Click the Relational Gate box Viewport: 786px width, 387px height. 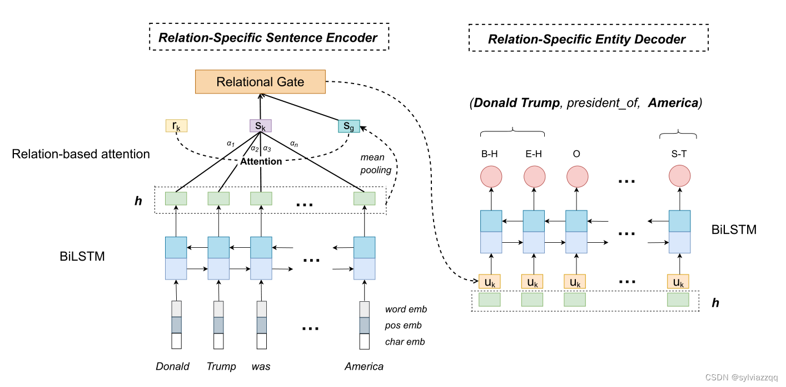tap(260, 82)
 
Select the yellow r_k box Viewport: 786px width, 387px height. tap(177, 125)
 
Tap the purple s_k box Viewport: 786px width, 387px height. tap(260, 126)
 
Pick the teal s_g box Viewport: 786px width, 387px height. tap(349, 126)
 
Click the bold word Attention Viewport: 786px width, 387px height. tap(261, 161)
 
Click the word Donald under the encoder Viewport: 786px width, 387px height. tap(172, 366)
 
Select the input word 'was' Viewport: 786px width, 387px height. tap(261, 366)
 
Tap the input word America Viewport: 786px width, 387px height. tap(364, 366)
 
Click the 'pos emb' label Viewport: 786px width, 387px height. tap(403, 325)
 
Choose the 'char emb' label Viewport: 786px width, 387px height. tap(405, 341)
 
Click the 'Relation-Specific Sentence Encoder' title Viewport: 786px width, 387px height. tap(268, 38)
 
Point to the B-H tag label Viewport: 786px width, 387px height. tap(490, 154)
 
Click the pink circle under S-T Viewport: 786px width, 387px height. tap(679, 177)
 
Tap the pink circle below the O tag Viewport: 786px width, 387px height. tap(576, 177)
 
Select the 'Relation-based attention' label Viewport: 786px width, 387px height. tap(81, 154)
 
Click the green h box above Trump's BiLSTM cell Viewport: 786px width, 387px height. tap(219, 199)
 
